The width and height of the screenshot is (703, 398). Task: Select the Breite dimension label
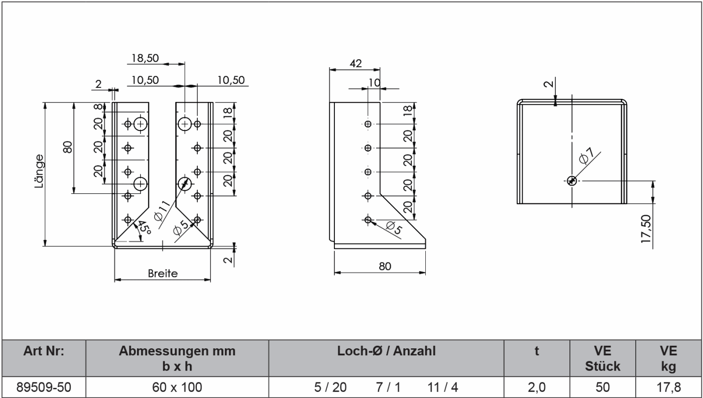pos(162,274)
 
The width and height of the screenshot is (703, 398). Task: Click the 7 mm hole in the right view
pos(571,181)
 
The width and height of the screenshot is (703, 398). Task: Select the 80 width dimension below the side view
pos(385,266)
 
